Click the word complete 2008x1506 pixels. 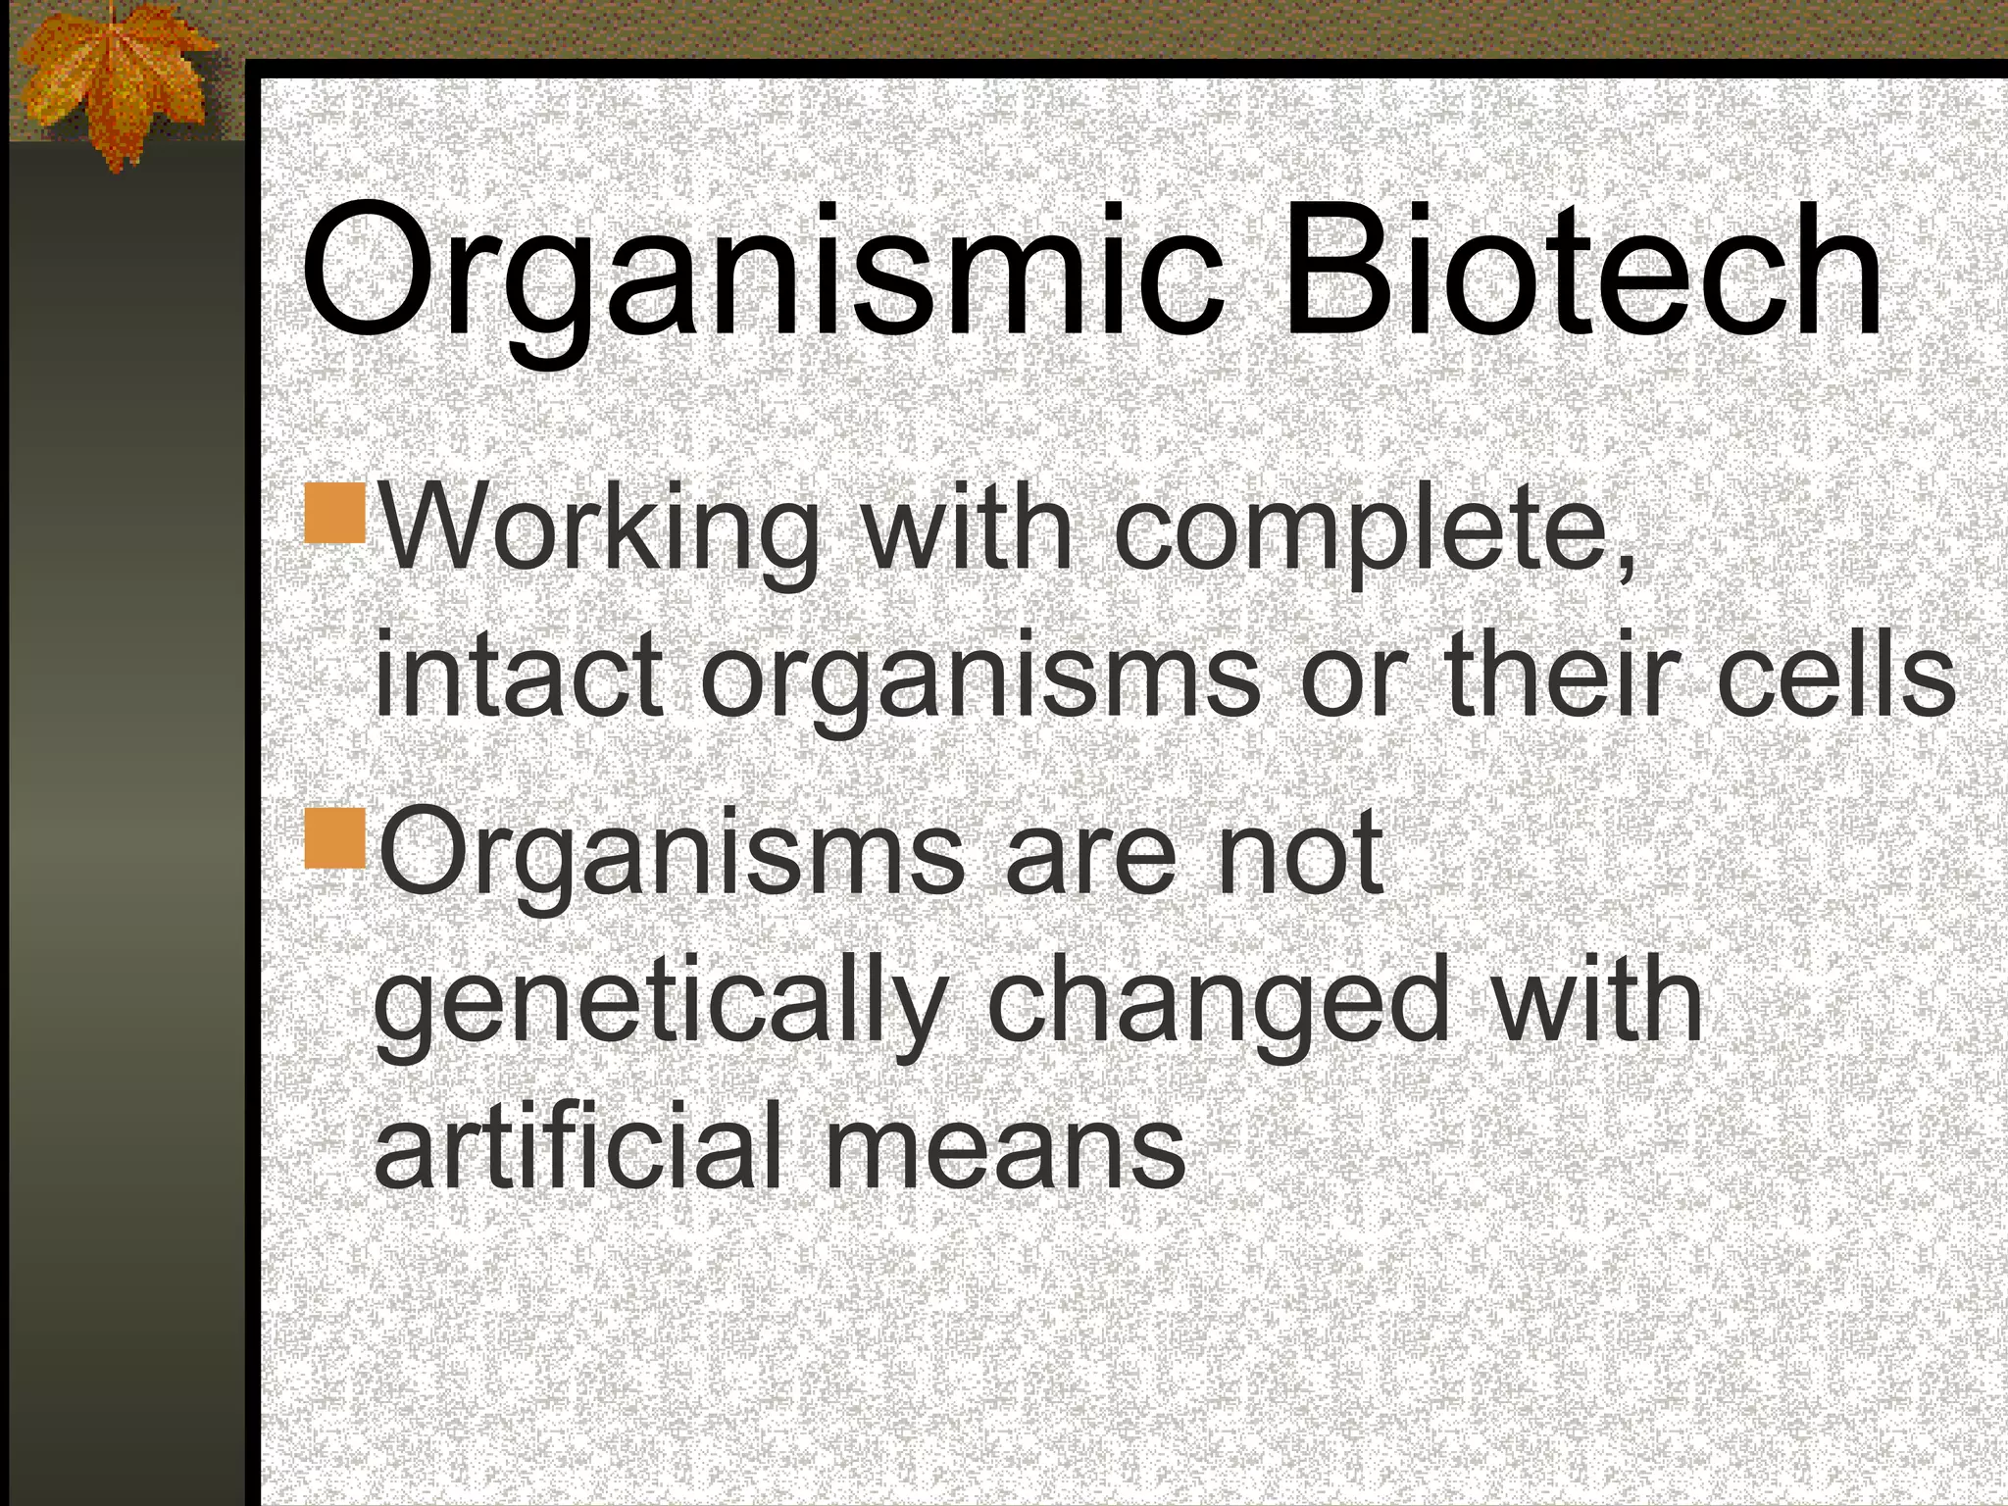[1373, 534]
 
